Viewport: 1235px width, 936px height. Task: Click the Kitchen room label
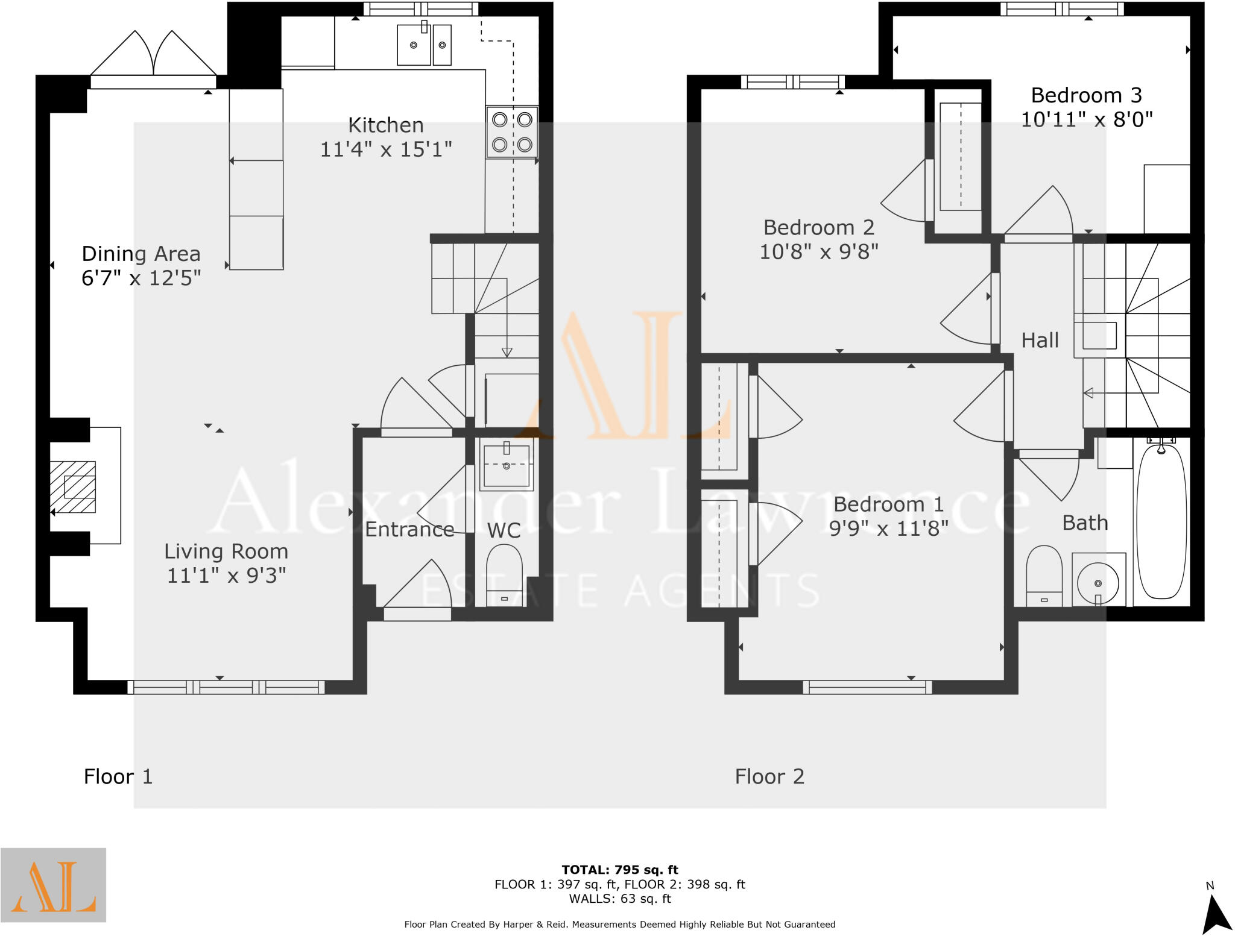click(386, 125)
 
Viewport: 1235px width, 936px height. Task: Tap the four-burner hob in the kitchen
click(512, 132)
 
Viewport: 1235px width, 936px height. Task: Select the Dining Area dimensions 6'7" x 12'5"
click(141, 278)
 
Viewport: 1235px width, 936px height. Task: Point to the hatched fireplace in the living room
click(73, 486)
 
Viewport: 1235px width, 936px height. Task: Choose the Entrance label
click(409, 529)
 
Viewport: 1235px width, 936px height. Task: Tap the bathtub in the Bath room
click(1161, 522)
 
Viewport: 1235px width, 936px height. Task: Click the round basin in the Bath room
click(1098, 583)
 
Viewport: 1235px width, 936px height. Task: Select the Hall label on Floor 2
click(1040, 341)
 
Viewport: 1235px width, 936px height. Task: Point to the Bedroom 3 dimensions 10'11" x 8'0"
click(1087, 119)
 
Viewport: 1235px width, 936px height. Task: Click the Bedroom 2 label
click(818, 227)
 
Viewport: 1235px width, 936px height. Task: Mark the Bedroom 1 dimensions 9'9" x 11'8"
click(888, 529)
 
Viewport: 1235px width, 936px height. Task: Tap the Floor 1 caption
click(118, 776)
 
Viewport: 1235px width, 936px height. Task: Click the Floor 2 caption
click(769, 776)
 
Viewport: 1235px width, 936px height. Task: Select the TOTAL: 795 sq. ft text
click(620, 870)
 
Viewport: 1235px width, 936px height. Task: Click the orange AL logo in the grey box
click(53, 885)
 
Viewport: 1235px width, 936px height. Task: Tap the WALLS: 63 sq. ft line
click(620, 899)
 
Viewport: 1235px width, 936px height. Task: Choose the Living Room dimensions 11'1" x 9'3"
click(226, 576)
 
